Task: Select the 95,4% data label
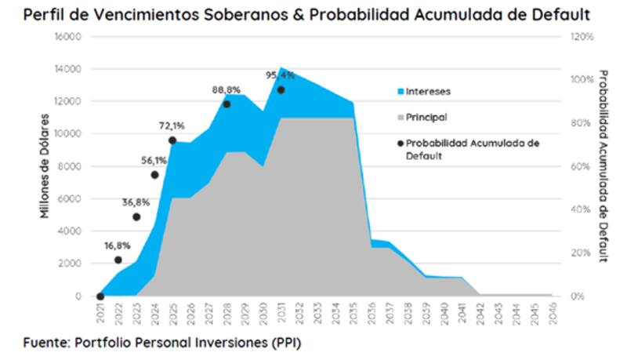click(x=281, y=75)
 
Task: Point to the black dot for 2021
click(x=100, y=296)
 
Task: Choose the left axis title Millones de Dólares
click(x=45, y=165)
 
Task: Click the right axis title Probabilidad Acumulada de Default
click(x=603, y=165)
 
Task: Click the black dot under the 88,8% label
click(x=227, y=104)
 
